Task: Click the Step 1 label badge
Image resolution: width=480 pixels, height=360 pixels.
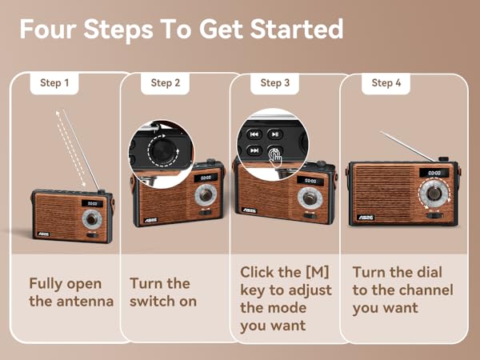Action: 54,82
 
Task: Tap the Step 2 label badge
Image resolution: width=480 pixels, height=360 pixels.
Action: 166,82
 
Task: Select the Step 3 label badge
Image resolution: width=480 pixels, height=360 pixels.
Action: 275,82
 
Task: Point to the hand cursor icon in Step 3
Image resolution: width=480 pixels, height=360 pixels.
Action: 275,155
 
